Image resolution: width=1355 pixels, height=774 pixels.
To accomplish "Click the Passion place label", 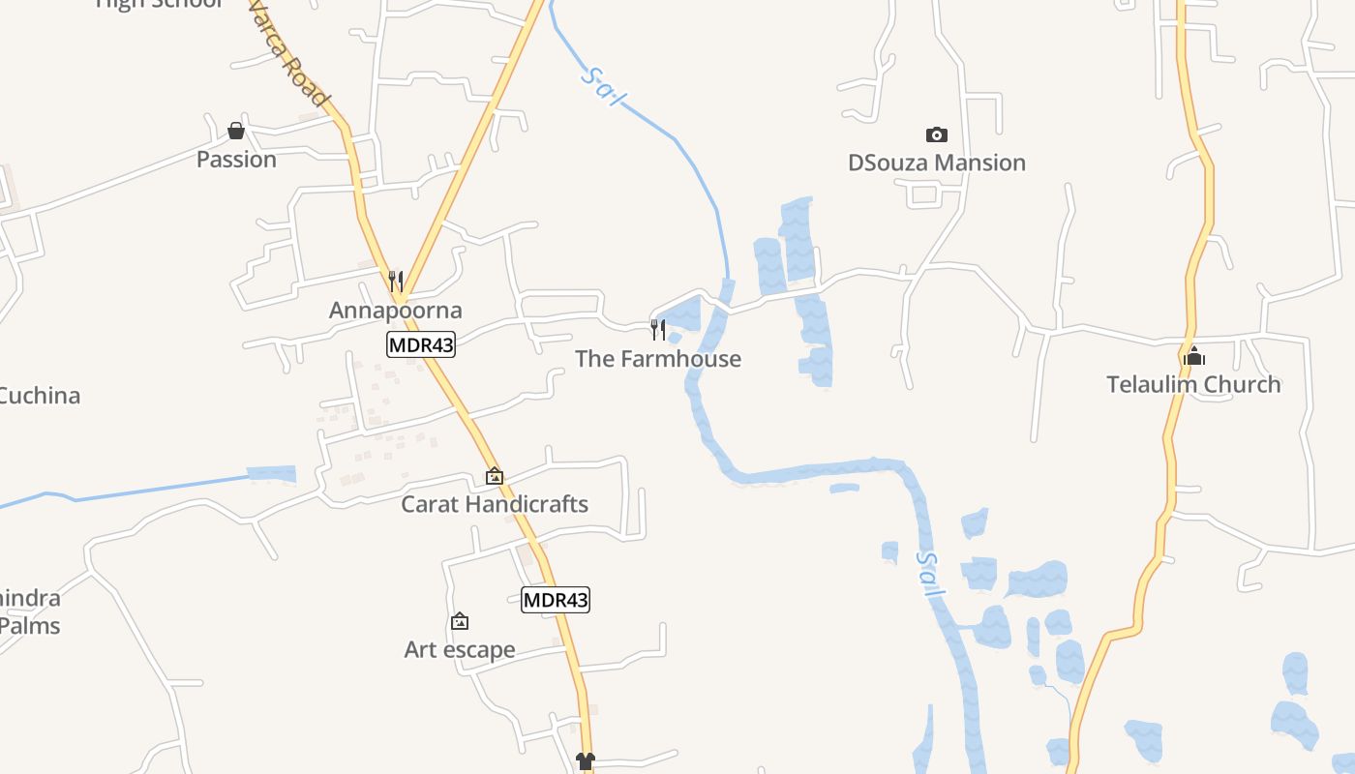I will pos(236,160).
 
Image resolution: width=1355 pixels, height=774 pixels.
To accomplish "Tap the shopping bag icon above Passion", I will pos(236,131).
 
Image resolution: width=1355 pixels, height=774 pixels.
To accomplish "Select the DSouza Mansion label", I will pos(936,163).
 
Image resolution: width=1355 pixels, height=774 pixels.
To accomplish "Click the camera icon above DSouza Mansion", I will pos(936,134).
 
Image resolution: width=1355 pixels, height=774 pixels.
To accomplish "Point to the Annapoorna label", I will pos(395,311).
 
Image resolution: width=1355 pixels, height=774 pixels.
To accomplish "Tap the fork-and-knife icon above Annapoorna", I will pos(395,281).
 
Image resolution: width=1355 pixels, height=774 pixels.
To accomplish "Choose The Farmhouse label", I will pos(658,359).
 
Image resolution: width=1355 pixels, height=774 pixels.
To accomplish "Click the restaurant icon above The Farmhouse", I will pos(658,329).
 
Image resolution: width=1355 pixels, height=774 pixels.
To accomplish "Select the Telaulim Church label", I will pos(1193,384).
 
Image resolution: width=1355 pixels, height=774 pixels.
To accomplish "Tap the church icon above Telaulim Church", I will pos(1193,356).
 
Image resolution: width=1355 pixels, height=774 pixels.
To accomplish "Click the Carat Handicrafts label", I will pos(495,504).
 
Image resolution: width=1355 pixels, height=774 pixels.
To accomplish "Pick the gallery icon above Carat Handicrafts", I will pos(495,476).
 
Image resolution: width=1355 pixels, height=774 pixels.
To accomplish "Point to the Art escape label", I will pos(460,649).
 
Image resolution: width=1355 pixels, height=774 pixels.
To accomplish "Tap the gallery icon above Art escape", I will pos(460,621).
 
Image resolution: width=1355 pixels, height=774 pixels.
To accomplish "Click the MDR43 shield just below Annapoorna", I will pos(421,344).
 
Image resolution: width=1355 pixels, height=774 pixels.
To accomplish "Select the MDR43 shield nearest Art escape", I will pos(556,600).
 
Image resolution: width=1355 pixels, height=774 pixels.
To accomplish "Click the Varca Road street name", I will pos(288,53).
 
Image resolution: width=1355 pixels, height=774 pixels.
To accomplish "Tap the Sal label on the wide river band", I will pos(930,574).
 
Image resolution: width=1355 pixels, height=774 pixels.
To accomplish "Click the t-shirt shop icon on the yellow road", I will pos(585,761).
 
